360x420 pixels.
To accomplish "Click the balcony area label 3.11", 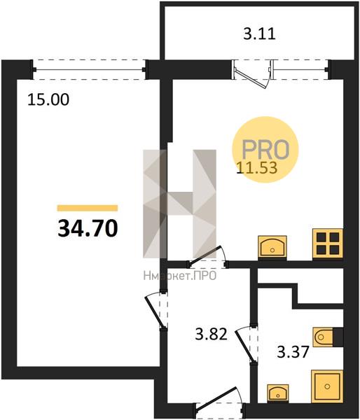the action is [259, 34].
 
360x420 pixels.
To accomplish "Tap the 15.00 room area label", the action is [48, 99].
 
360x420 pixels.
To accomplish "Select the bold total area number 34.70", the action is [88, 228].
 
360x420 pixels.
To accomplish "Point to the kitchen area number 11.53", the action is [257, 168].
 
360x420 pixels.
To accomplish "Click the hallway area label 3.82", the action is [212, 335].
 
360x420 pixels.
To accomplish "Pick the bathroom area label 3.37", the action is [293, 351].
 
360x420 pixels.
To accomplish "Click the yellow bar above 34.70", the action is [88, 208].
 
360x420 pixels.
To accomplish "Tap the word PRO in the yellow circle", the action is [265, 149].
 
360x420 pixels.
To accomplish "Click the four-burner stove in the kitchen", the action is [328, 244].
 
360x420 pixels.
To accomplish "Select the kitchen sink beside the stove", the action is [272, 248].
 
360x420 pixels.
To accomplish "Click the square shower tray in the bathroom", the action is [327, 386].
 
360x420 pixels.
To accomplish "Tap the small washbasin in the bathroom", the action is [278, 393].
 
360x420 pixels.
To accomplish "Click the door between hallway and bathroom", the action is [244, 345].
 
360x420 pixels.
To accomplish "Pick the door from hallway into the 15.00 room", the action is [155, 311].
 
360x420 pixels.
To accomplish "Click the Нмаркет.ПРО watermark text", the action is [180, 276].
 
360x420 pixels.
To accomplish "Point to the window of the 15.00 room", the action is [89, 69].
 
